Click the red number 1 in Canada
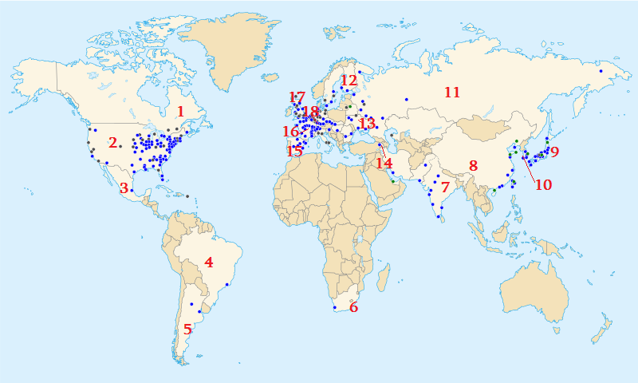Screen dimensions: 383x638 point(181,112)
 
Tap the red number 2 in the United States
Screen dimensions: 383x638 point(113,143)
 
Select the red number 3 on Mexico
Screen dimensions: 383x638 point(124,188)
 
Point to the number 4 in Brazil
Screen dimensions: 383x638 point(209,262)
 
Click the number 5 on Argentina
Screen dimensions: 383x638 point(187,328)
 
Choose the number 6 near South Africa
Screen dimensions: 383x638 point(354,307)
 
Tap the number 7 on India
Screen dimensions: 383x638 point(445,188)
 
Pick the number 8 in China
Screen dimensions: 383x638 point(473,166)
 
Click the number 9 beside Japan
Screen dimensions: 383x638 point(555,152)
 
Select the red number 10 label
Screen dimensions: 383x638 point(543,184)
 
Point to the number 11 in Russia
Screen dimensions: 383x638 point(452,93)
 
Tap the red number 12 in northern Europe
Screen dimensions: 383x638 point(349,81)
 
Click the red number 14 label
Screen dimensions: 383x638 point(384,164)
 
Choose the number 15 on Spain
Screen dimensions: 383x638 point(294,150)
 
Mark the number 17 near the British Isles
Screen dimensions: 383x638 point(297,97)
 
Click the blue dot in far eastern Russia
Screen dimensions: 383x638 point(601,72)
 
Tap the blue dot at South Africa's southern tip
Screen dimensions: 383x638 point(333,307)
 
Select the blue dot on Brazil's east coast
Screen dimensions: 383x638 point(227,285)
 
